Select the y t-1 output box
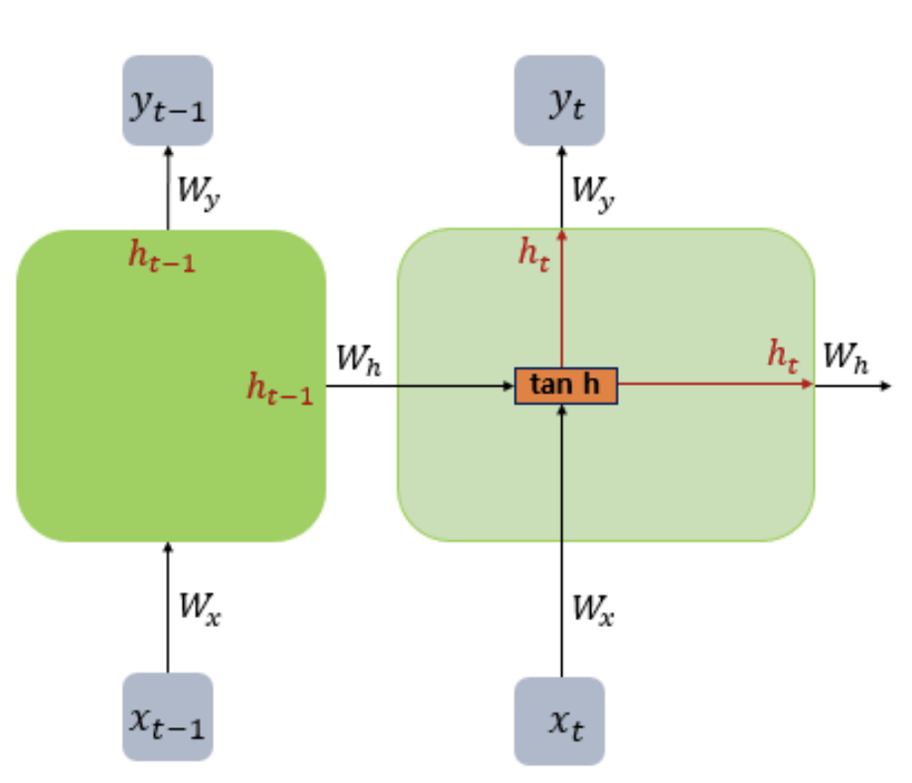pos(167,100)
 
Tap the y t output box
pos(559,100)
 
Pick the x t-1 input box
pos(167,716)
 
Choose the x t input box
pos(559,719)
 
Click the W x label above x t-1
pos(200,606)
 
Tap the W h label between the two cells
pos(358,359)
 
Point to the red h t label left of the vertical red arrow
pos(533,252)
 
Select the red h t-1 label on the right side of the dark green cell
pos(279,389)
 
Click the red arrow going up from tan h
pos(561,298)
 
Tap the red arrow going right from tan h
pos(715,385)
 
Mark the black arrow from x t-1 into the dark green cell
pos(167,606)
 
